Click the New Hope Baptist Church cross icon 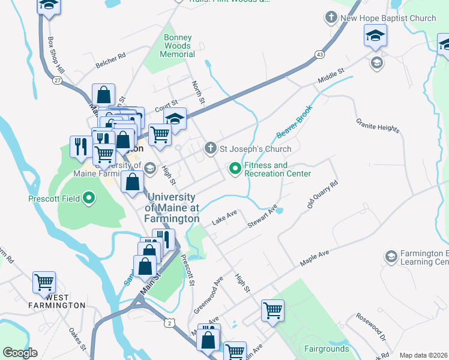[331, 18]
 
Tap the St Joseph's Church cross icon [210, 148]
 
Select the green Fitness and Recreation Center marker [235, 170]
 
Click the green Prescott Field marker [89, 198]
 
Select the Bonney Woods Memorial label [178, 46]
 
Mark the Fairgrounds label [326, 349]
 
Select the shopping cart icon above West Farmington [44, 281]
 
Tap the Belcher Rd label [110, 60]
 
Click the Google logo [20, 353]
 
